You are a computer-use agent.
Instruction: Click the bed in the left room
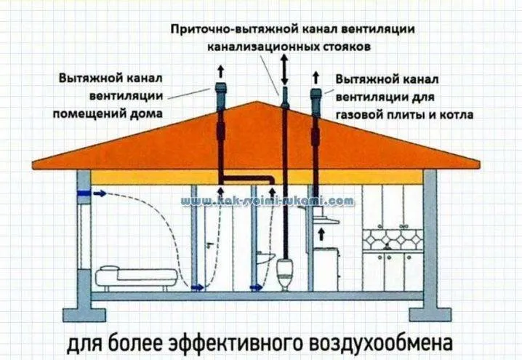[x=137, y=277]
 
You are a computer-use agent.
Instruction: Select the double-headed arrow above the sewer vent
[x=284, y=70]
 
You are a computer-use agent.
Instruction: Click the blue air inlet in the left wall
[x=83, y=193]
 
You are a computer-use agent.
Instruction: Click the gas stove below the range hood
[x=326, y=269]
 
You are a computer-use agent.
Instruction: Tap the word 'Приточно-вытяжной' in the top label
[x=235, y=29]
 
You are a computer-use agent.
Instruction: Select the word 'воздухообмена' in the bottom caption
[x=381, y=343]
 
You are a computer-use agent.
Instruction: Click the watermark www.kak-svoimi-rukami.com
[x=268, y=201]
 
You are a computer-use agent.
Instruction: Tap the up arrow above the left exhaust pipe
[x=220, y=71]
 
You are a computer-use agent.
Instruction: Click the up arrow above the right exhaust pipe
[x=316, y=77]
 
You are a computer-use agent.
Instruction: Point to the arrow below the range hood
[x=321, y=234]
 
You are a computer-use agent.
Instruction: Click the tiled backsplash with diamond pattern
[x=393, y=239]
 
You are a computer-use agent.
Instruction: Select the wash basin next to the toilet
[x=265, y=257]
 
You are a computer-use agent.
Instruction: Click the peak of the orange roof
[x=256, y=102]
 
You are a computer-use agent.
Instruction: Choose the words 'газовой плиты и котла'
[x=404, y=115]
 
